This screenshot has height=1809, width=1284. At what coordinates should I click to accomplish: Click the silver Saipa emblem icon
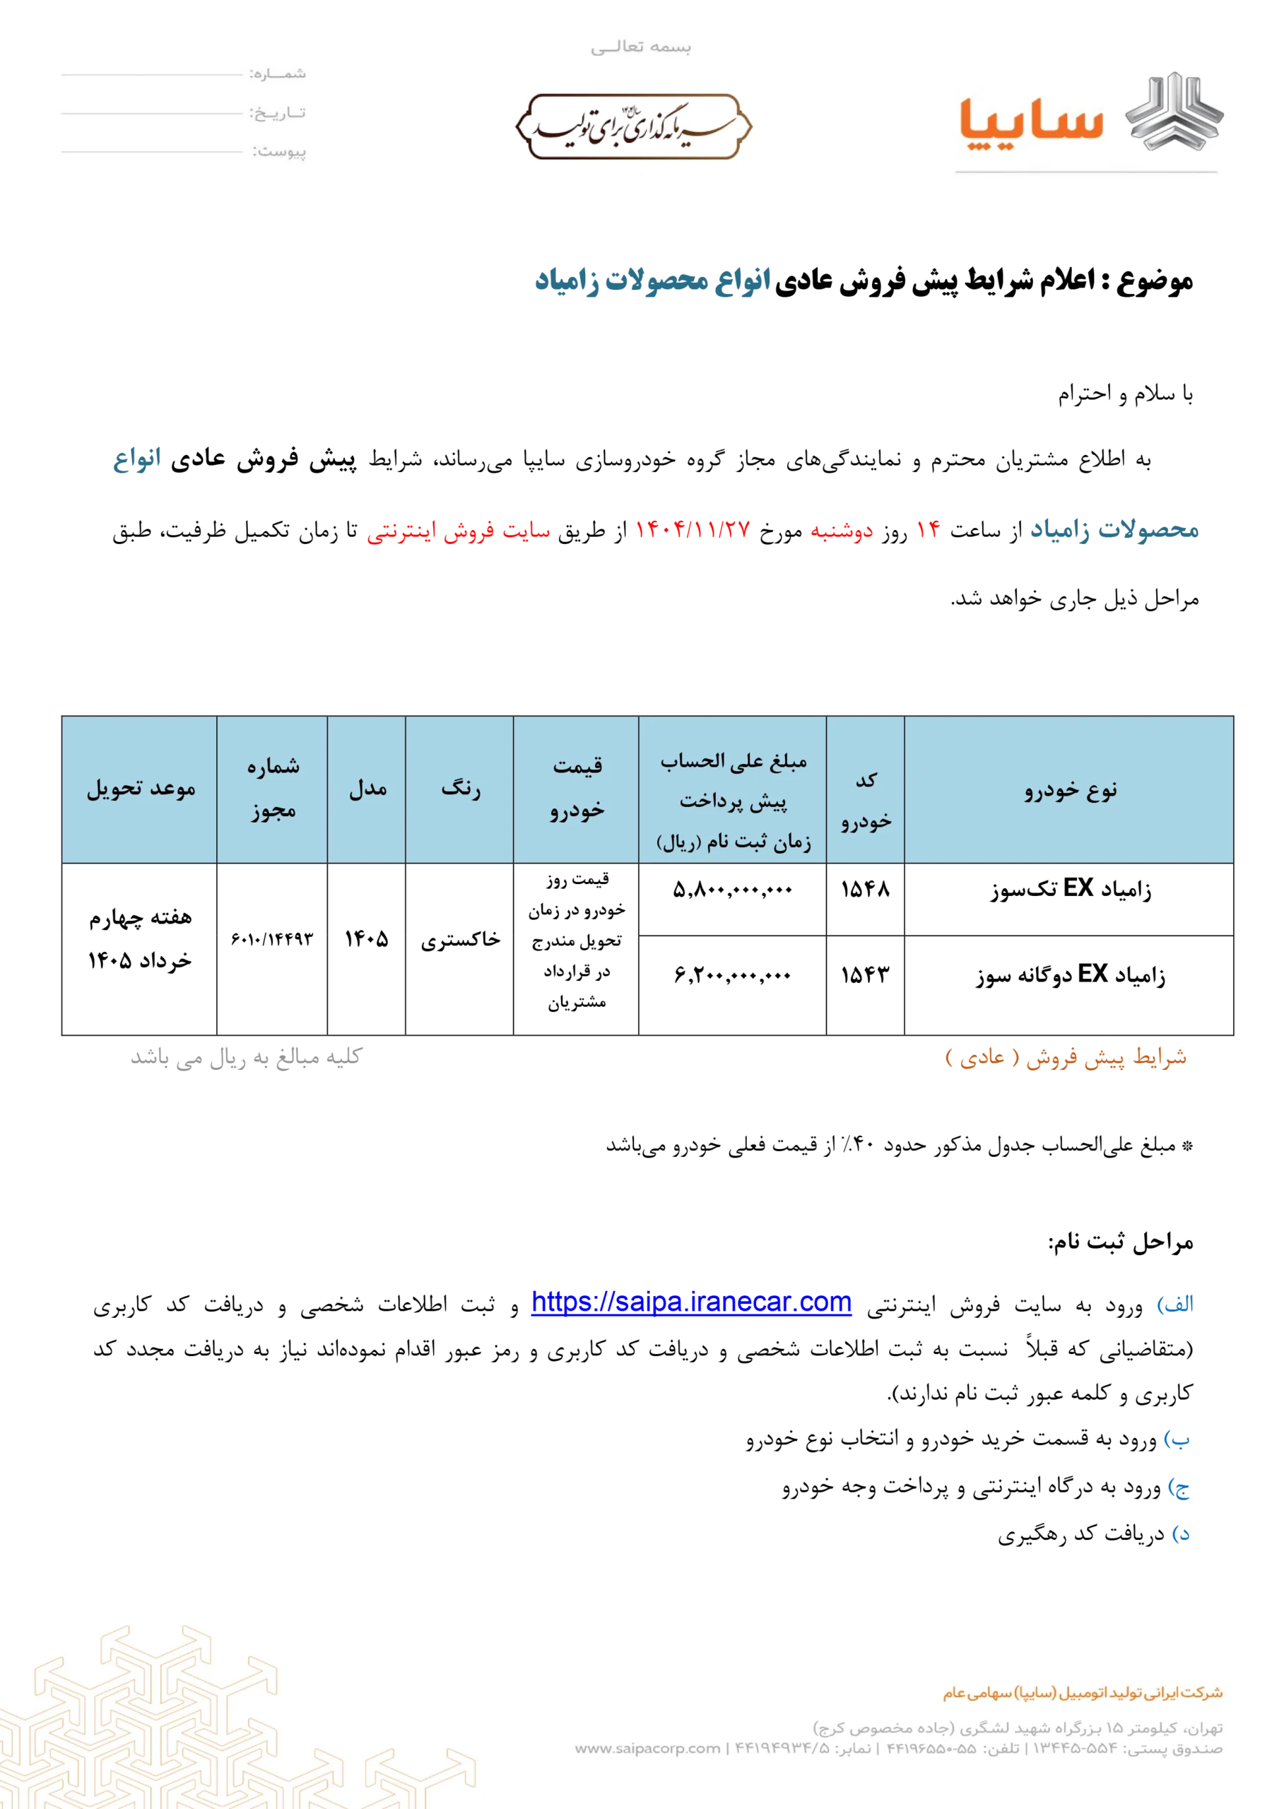click(1174, 112)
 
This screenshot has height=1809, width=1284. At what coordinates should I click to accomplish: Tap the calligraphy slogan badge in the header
click(633, 126)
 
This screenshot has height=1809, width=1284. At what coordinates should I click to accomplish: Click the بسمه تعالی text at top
click(640, 47)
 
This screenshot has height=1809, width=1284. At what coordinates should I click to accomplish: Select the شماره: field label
click(278, 74)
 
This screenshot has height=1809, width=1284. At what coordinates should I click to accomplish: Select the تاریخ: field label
click(278, 113)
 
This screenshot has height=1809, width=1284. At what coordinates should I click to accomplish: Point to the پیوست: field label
click(279, 151)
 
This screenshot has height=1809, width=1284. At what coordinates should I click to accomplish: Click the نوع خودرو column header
click(1070, 790)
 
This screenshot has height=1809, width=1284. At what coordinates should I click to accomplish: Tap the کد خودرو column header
click(866, 800)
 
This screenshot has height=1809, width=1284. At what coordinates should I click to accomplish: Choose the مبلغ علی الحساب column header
click(733, 800)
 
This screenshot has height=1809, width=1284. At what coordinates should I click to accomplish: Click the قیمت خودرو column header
click(577, 787)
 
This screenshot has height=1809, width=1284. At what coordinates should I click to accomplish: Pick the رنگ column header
click(460, 789)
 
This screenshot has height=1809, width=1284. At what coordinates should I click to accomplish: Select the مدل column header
click(367, 789)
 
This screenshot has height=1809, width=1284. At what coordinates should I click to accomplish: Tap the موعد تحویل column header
click(141, 789)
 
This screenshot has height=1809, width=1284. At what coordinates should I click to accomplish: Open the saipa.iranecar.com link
click(691, 1301)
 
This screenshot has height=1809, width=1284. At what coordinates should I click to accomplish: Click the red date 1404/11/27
click(692, 531)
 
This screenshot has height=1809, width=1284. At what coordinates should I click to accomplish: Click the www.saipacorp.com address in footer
click(647, 1748)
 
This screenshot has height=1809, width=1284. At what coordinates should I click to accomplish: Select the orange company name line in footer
click(1082, 1693)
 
